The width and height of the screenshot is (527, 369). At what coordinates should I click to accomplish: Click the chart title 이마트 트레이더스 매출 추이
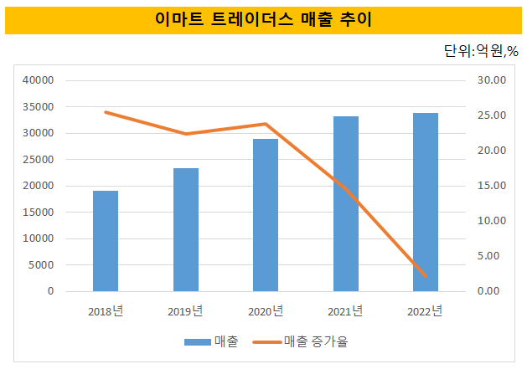(x=263, y=18)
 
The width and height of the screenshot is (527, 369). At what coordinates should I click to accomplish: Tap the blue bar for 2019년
(x=186, y=230)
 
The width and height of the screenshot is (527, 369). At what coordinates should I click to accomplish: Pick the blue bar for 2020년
(x=266, y=215)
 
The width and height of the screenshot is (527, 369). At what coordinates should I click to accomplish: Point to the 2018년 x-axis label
(x=106, y=311)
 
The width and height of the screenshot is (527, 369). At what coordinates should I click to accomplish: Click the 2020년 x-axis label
(x=266, y=311)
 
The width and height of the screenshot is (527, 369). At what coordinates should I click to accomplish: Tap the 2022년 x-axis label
(x=426, y=311)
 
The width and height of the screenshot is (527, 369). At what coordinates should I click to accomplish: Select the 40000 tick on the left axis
(x=38, y=80)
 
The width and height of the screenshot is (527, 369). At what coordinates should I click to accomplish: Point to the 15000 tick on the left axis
(x=38, y=213)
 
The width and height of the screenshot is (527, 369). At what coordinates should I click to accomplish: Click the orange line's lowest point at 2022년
(x=426, y=276)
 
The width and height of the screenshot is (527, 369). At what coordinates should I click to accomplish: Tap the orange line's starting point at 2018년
(x=106, y=112)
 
